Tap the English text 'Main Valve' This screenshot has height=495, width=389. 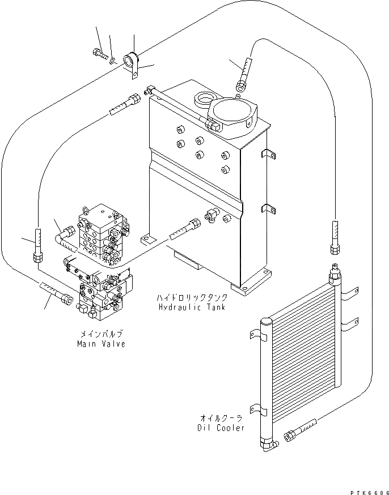pos(101,344)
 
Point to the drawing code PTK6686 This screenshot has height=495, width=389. pos(368,490)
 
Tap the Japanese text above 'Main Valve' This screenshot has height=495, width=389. pos(101,335)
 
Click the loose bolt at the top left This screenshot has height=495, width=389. pos(98,54)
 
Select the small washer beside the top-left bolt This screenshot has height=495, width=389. pos(113,59)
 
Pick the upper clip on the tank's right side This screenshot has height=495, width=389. pos(267,154)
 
